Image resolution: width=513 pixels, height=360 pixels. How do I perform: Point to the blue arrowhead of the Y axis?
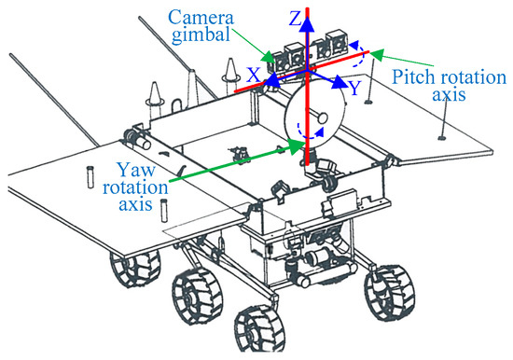click(340, 85)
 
